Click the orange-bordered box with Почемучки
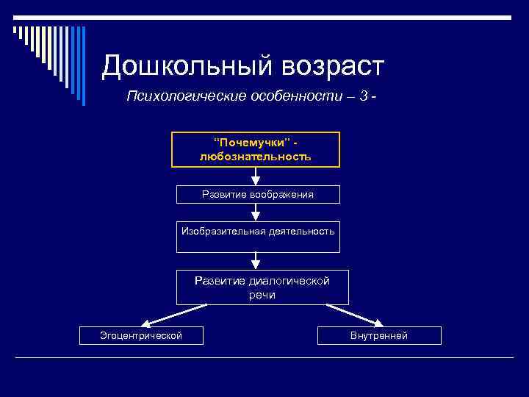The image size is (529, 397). click(x=256, y=149)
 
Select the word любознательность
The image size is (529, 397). click(x=256, y=156)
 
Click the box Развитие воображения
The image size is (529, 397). click(x=258, y=194)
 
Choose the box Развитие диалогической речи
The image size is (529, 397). click(x=262, y=287)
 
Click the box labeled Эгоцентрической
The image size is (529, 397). click(x=141, y=335)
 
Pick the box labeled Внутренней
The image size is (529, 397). click(x=379, y=335)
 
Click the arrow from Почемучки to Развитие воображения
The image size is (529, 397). click(x=256, y=176)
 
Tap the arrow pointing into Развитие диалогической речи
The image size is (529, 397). click(x=256, y=260)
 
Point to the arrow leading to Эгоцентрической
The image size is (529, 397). click(x=172, y=314)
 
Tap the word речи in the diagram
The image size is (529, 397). click(x=262, y=294)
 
